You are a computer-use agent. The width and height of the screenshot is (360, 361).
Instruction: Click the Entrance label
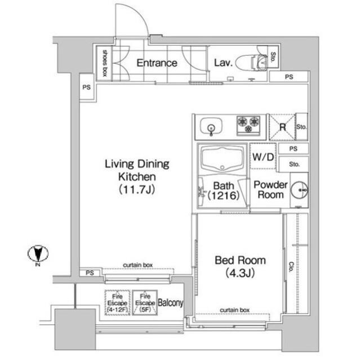(157, 63)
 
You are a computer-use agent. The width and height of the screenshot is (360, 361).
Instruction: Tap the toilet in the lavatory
(252, 62)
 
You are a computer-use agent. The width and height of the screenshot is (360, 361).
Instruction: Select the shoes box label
(105, 63)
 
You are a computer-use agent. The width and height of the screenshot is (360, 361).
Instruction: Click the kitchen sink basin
(211, 126)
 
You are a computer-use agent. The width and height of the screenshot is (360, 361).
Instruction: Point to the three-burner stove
(248, 125)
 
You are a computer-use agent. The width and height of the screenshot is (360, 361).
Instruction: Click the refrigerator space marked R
(282, 127)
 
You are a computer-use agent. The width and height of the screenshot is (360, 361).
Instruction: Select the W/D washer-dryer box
(263, 156)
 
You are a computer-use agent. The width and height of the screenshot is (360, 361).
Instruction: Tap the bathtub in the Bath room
(222, 159)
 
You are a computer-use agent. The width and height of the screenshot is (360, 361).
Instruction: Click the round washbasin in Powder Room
(299, 190)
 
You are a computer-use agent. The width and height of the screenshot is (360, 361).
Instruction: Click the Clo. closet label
(291, 267)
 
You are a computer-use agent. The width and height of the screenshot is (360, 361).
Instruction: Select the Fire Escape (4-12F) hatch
(118, 303)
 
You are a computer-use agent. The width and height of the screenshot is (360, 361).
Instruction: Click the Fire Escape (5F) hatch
(145, 303)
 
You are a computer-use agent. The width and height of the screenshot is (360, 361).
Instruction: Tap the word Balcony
(171, 303)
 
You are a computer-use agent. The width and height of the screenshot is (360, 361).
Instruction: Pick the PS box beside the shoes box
(87, 87)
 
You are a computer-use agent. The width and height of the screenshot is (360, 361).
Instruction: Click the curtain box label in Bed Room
(234, 310)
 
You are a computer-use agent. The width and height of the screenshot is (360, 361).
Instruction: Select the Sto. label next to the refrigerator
(301, 127)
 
